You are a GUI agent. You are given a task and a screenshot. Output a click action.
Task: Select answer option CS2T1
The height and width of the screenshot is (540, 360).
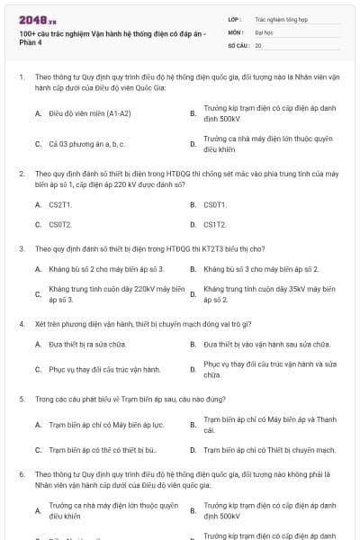pyautogui.click(x=60, y=204)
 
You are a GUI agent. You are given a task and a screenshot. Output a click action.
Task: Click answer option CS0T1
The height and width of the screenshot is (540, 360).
pyautogui.click(x=215, y=204)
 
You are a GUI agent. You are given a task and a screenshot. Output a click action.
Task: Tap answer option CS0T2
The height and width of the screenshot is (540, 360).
pyautogui.click(x=60, y=224)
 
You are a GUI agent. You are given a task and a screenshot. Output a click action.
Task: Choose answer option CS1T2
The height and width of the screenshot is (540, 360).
pyautogui.click(x=215, y=224)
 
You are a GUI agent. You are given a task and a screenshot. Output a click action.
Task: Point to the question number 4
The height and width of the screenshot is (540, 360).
pyautogui.click(x=21, y=322)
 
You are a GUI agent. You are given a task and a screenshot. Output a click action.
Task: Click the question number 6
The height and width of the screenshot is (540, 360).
pyautogui.click(x=21, y=472)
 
